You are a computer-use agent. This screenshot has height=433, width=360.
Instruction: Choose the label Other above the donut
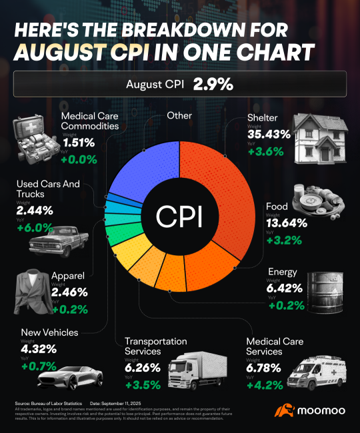179,116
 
